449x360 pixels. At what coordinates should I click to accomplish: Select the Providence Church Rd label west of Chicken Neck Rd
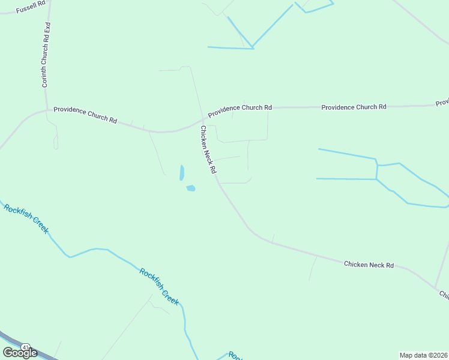pos(85,114)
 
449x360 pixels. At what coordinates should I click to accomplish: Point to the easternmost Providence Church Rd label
pos(354,107)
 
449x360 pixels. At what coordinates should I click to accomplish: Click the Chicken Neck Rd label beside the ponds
pos(208,149)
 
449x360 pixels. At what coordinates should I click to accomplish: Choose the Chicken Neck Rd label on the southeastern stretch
pos(369,264)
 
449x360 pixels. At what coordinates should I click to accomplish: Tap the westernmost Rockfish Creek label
pos(25,218)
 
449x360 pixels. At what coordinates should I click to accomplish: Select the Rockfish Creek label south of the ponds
pos(159,286)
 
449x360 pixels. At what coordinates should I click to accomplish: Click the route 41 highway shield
pos(25,347)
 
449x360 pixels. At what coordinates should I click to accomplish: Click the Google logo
pos(20,352)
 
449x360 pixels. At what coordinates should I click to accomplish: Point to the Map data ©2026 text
pos(423,355)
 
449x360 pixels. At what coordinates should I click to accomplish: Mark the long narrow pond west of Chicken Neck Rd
pos(181,173)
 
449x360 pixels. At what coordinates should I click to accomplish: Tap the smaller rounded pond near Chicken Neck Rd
pos(191,188)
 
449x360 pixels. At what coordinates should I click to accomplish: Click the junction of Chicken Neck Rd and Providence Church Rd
pos(202,120)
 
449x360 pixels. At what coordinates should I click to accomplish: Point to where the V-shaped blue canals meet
pos(253,47)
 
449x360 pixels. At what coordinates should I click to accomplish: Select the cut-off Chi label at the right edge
pos(444,294)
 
